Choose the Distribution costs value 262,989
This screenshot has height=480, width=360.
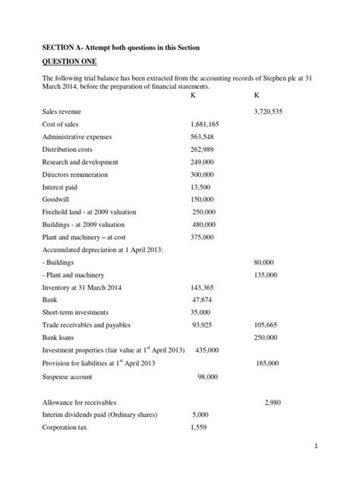pyautogui.click(x=203, y=150)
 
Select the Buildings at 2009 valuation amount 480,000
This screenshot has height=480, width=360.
pyautogui.click(x=204, y=225)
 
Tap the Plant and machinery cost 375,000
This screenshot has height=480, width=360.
pyautogui.click(x=202, y=236)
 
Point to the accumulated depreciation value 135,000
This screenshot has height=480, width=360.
pyautogui.click(x=263, y=274)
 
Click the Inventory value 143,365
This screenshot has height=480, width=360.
pyautogui.click(x=202, y=287)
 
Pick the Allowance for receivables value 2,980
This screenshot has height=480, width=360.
pyautogui.click(x=275, y=403)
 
